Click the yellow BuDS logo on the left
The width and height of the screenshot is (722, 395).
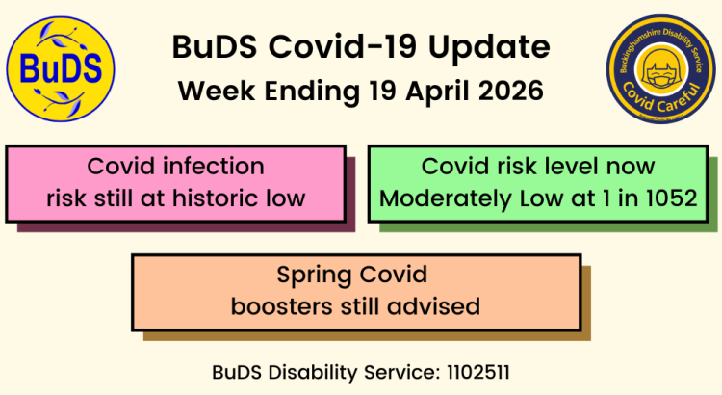click(x=61, y=68)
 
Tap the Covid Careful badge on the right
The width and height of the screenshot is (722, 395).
click(x=661, y=69)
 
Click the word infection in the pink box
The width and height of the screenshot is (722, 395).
click(x=216, y=166)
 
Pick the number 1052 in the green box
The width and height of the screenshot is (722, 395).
click(x=670, y=198)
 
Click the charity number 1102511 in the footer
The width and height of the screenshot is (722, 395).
click(x=485, y=370)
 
